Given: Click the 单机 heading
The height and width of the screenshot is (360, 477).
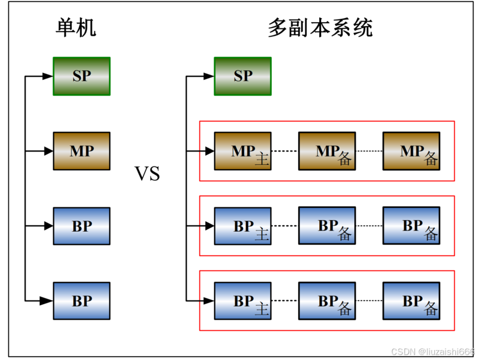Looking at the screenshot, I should (x=76, y=27).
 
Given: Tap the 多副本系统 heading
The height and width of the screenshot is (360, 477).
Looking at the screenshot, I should (x=320, y=27).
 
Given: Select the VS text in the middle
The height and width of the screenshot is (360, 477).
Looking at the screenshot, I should (x=147, y=174).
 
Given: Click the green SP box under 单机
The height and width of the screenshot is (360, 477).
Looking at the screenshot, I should (x=81, y=76).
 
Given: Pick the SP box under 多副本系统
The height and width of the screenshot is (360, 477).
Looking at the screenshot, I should (x=242, y=76).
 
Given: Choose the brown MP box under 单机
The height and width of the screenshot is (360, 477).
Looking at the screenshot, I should (x=81, y=151).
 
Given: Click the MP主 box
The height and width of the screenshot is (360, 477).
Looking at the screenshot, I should (x=242, y=151).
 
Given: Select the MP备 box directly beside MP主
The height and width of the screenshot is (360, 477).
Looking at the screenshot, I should (x=326, y=151).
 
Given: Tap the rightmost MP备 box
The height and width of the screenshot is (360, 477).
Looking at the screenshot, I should (x=411, y=151).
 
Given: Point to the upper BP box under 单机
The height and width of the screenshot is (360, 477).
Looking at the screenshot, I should (x=81, y=226).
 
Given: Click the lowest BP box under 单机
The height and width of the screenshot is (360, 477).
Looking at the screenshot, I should (x=81, y=301).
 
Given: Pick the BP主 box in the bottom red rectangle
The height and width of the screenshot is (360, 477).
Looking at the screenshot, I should (x=242, y=301).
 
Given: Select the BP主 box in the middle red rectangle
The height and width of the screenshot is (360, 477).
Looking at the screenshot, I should (x=242, y=226).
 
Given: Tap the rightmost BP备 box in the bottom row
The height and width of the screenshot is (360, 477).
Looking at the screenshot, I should (x=411, y=301).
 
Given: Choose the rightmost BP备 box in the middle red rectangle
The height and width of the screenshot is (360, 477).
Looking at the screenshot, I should (x=411, y=226).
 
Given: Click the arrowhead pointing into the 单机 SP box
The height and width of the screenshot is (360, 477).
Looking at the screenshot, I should (x=48, y=76).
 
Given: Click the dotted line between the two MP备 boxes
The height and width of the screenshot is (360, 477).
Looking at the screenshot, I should (x=369, y=151).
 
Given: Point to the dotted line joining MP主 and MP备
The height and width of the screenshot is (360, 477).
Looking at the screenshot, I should (x=284, y=151).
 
